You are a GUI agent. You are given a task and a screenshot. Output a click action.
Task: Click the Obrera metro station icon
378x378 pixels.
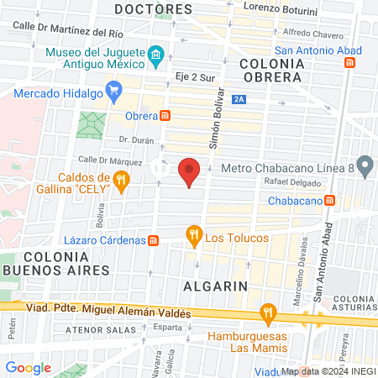pos(166,115)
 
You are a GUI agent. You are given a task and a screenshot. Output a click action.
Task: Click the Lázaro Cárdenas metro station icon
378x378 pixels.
pos(153,240)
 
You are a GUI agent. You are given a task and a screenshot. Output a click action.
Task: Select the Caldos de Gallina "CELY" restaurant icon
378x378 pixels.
pos(123,179)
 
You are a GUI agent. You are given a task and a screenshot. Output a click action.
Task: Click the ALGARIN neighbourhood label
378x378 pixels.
pos(215,286)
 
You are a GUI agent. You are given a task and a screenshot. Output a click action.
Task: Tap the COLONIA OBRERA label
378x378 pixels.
pos(270,70)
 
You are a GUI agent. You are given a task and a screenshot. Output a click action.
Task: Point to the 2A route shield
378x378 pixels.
pos(241,100)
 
